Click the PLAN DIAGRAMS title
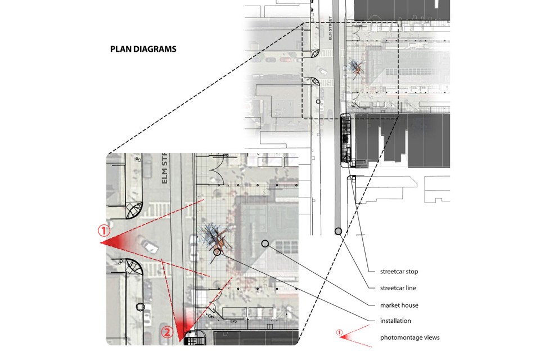tap(143, 49)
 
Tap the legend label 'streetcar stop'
tap(399, 272)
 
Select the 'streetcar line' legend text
tap(398, 288)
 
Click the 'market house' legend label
tap(399, 305)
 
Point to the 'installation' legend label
tap(395, 321)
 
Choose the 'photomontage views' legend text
tap(410, 337)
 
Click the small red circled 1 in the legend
tap(340, 332)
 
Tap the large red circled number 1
tap(104, 231)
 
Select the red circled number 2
tap(167, 332)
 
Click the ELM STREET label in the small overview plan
tap(330, 28)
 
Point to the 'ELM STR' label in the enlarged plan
tap(164, 168)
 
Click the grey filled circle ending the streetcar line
tap(339, 231)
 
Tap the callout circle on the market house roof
tap(265, 244)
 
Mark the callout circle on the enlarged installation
tap(217, 252)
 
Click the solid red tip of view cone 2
tap(180, 340)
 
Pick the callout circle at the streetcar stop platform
tap(347, 159)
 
